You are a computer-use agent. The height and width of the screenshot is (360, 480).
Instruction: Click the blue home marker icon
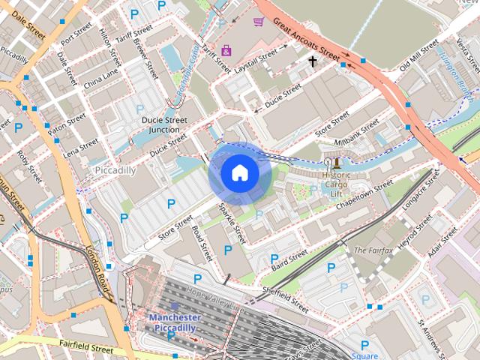point(239,173)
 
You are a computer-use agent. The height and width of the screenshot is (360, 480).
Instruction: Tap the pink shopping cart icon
point(258,22)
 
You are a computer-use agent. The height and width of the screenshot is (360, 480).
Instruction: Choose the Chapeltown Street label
point(364,193)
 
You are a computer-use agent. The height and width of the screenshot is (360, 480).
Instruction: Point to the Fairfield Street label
point(87,346)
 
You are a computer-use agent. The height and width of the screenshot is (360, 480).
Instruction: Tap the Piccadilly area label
point(115,170)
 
